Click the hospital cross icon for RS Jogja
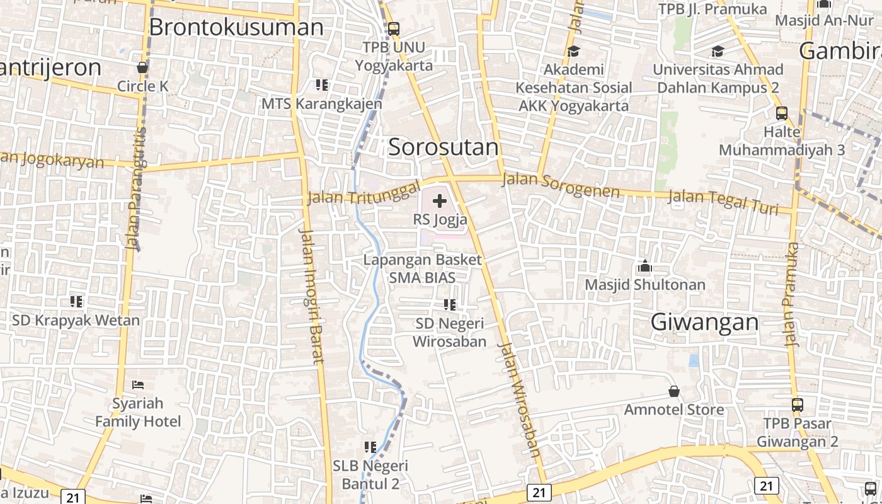pyautogui.click(x=440, y=202)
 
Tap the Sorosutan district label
pyautogui.click(x=443, y=147)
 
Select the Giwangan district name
pyautogui.click(x=704, y=322)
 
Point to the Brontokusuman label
pyautogui.click(x=236, y=27)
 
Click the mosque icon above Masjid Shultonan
pyautogui.click(x=644, y=266)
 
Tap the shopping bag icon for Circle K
pyautogui.click(x=143, y=67)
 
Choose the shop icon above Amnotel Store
pyautogui.click(x=674, y=391)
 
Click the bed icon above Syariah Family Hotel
pyautogui.click(x=138, y=384)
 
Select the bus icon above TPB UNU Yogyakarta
pyautogui.click(x=394, y=28)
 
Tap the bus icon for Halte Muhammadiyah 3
pyautogui.click(x=782, y=113)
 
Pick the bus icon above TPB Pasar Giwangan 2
pyautogui.click(x=798, y=404)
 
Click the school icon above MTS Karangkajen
pyautogui.click(x=322, y=84)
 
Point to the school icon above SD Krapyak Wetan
pyautogui.click(x=76, y=301)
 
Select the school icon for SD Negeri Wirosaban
pyautogui.click(x=450, y=305)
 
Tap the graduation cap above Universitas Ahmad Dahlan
pyautogui.click(x=718, y=51)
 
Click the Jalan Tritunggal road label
pyautogui.click(x=364, y=193)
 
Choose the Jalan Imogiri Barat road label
pyautogui.click(x=311, y=295)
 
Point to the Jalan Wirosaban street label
pyautogui.click(x=520, y=399)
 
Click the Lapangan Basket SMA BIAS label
pyautogui.click(x=423, y=268)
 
